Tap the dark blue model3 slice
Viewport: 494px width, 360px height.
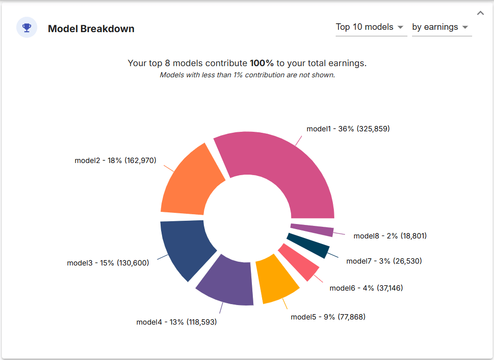tap(184, 247)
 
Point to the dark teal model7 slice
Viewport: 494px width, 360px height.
tap(310, 245)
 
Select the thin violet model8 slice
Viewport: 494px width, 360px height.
tap(312, 230)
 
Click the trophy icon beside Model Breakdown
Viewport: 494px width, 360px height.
tap(27, 28)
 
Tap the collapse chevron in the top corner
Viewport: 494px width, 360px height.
tap(480, 13)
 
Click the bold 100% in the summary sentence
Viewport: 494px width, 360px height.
tap(262, 63)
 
